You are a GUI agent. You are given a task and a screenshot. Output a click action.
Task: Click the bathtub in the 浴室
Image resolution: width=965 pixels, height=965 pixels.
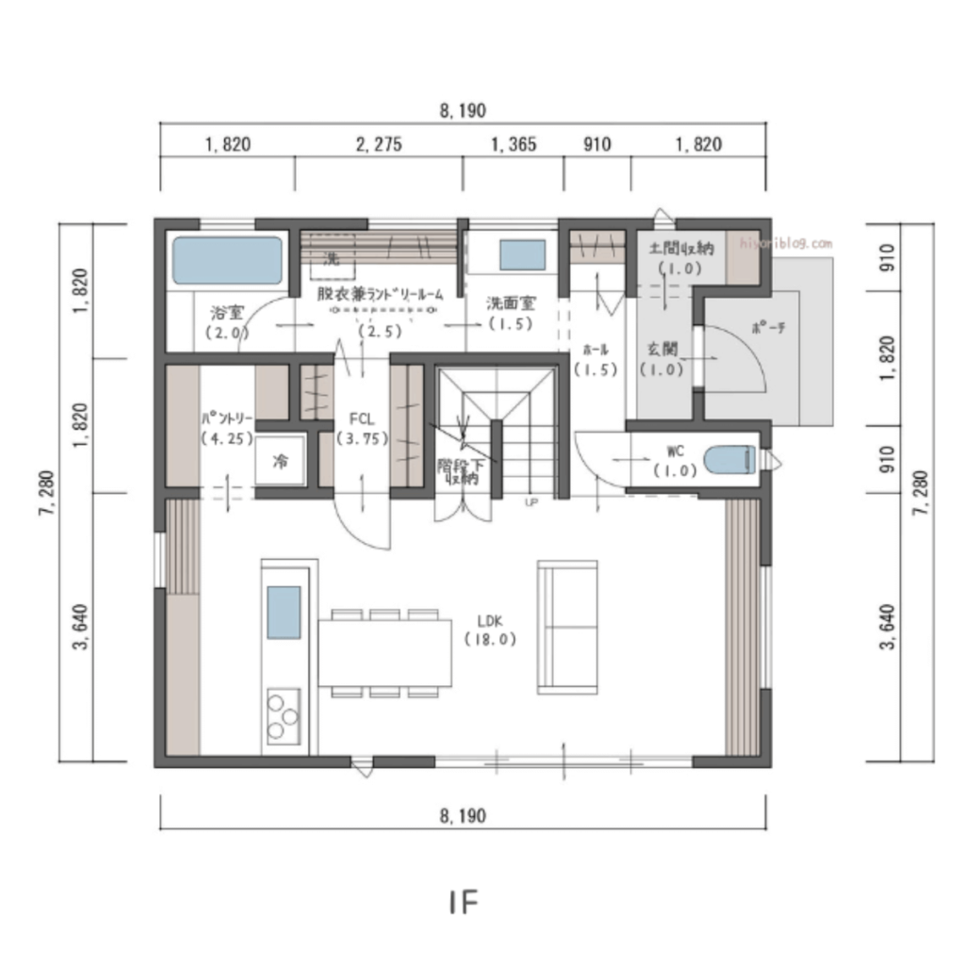coord(227,260)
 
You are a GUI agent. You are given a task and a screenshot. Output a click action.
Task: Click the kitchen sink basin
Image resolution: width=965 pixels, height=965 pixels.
coord(284,612)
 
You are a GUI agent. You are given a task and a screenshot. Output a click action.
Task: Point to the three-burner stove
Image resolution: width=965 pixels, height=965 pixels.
coord(283,717)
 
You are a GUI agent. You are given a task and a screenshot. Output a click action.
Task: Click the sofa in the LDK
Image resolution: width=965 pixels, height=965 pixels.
coord(566,626)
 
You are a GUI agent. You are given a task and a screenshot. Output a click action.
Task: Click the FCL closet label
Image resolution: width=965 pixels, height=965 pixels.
coord(362,418)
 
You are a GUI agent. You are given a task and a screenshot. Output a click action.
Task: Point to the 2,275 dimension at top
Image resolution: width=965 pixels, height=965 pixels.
coord(379,144)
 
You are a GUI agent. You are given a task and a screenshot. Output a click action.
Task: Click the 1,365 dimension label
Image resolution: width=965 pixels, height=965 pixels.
coord(514,144)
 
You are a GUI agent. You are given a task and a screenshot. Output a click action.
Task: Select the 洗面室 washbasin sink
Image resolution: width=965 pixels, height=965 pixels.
coord(521,255)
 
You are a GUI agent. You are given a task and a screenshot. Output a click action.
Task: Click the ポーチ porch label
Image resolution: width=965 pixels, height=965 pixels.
coord(768,328)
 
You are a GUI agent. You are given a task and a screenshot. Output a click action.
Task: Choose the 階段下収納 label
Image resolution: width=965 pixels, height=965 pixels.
coord(460,471)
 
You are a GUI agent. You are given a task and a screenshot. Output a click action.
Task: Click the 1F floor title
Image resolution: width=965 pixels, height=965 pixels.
coord(464,902)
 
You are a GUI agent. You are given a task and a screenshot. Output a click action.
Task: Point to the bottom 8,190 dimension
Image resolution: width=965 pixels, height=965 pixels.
coord(463,816)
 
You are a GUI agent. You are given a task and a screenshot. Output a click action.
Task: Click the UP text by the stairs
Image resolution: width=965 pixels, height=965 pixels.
coord(532,501)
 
